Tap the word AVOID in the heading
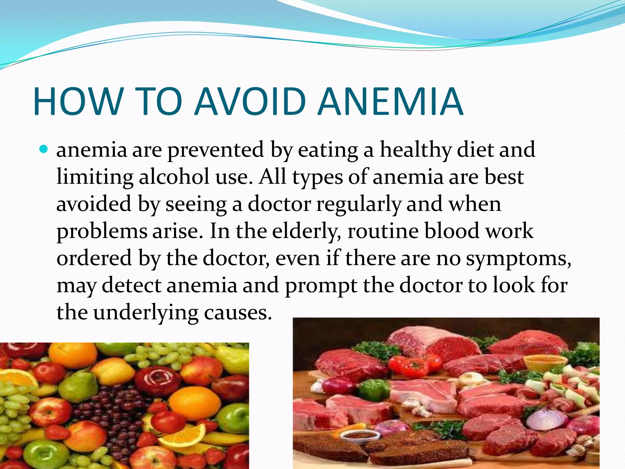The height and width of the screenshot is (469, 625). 250,102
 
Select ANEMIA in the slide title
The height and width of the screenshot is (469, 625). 391,102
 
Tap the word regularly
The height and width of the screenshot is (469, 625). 359,204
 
